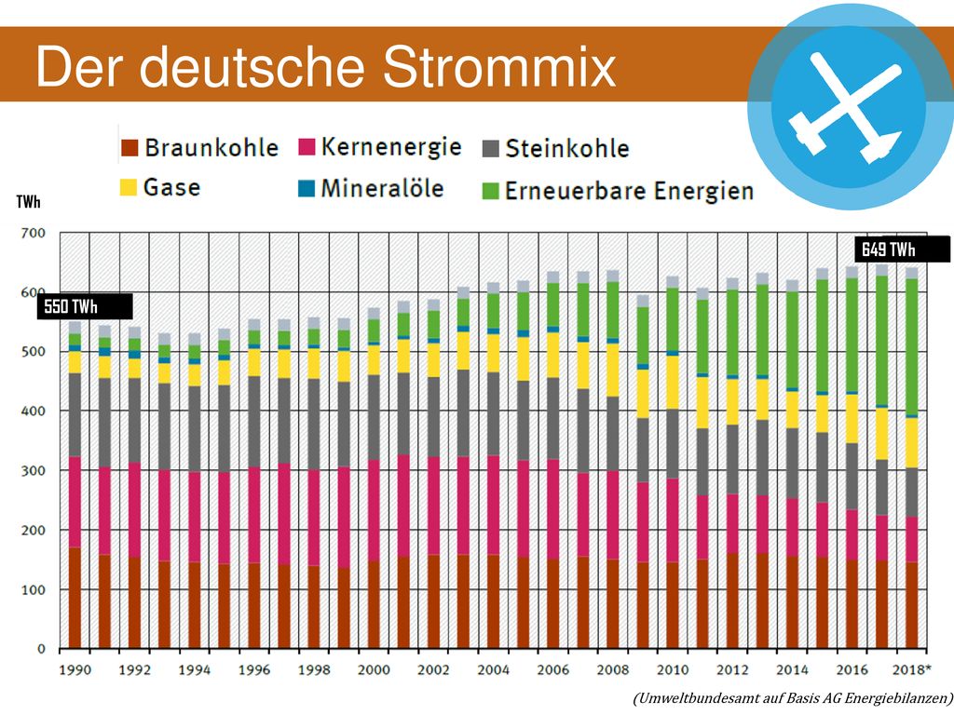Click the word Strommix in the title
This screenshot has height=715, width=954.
499,67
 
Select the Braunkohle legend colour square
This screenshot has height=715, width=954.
129,148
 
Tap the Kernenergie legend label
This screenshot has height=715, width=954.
391,148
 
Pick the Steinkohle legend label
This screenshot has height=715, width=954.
567,148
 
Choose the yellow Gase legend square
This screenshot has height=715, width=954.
129,187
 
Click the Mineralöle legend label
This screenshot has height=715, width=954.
382,188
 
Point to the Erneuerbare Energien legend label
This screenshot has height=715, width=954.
629,191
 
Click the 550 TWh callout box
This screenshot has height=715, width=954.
85,306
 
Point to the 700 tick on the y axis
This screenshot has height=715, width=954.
34,233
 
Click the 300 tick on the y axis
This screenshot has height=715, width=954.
34,470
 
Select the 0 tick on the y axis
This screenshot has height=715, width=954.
41,649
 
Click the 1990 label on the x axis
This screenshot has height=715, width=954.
75,670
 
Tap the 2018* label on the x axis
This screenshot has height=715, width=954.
911,670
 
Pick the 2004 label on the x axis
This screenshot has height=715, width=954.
494,670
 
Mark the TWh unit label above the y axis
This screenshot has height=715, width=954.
29,202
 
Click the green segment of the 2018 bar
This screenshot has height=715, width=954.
911,346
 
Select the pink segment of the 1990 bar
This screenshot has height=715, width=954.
75,502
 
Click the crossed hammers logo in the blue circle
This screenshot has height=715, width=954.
844,107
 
